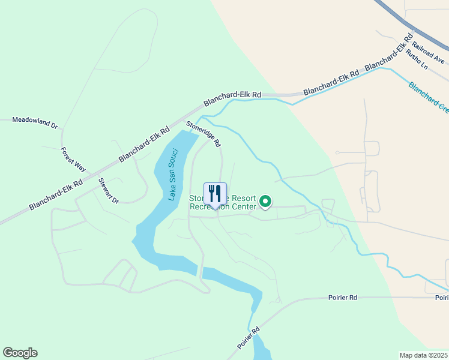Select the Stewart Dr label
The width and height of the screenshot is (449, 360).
(x=109, y=190)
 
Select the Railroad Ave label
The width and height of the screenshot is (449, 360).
(x=428, y=53)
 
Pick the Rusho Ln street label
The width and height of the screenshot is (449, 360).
(x=417, y=59)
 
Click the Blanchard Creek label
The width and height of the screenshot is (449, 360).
(x=429, y=96)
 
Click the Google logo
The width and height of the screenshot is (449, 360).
(x=20, y=353)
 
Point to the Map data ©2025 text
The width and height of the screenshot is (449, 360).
(x=424, y=355)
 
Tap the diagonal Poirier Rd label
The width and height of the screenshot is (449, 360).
(x=249, y=338)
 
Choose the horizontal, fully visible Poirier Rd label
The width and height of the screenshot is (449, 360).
(x=343, y=298)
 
